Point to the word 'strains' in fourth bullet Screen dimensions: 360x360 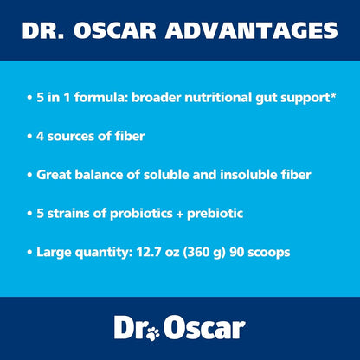(84, 213)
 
